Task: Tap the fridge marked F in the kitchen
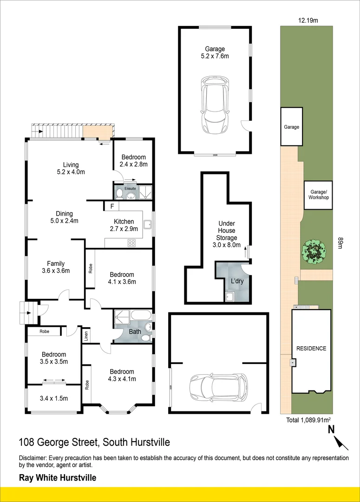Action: tap(112, 206)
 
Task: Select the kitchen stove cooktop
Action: tap(131, 242)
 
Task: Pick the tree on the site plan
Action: tap(312, 252)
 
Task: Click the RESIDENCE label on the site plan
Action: tap(311, 349)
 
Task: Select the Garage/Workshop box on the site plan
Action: tap(319, 194)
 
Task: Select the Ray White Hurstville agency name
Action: tap(57, 477)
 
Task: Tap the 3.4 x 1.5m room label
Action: tap(54, 398)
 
